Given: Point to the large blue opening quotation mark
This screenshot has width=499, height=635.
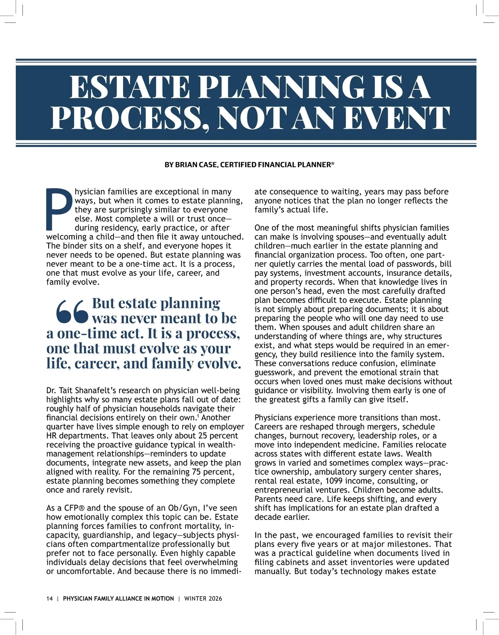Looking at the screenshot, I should pos(72,311).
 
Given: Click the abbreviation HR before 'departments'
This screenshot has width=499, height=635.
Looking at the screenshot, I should pos(52,436).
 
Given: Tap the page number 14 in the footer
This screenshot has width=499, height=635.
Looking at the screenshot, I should pos(49,598).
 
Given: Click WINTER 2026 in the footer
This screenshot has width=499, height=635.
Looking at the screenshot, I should pos(203,598).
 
